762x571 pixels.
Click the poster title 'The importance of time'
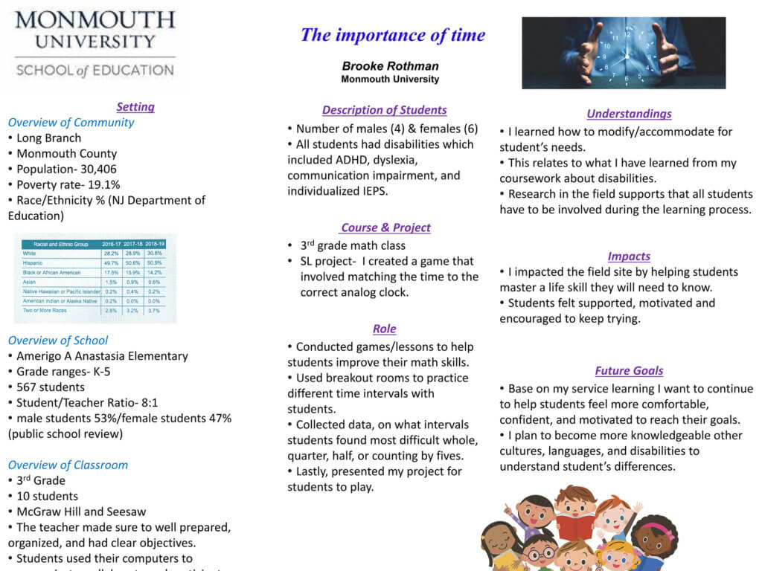click(x=392, y=35)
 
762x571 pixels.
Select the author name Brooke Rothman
click(x=390, y=66)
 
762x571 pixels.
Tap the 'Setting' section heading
click(x=135, y=106)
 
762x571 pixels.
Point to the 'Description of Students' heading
click(x=384, y=110)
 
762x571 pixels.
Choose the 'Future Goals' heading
click(x=629, y=370)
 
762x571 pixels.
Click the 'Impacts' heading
click(x=629, y=256)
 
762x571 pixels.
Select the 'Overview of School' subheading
click(x=58, y=340)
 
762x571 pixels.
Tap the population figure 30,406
click(x=93, y=169)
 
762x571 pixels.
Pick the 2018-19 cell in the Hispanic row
click(x=156, y=263)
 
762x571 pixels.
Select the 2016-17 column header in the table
click(x=112, y=244)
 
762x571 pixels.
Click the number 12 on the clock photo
click(x=627, y=34)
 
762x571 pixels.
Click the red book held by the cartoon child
click(x=576, y=525)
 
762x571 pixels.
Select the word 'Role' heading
click(x=384, y=329)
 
